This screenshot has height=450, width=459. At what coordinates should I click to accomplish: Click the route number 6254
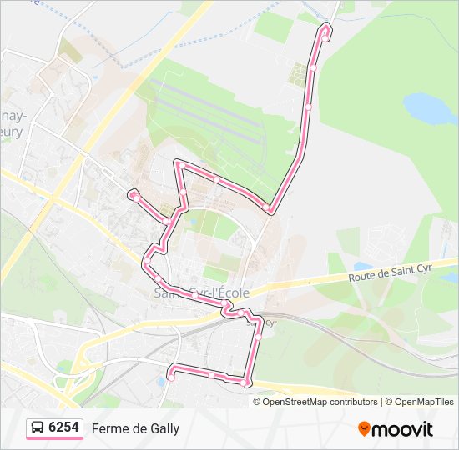(x=64, y=427)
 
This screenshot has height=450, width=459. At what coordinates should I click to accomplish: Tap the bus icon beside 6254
(x=38, y=428)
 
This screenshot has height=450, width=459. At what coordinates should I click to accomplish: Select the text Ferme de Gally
(x=135, y=428)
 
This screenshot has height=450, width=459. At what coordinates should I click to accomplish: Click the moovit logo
(x=396, y=428)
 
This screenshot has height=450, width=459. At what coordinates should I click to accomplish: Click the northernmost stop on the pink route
(x=325, y=29)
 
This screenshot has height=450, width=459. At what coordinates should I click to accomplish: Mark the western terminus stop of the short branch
(x=133, y=194)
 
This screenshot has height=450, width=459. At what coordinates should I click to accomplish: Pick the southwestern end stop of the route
(x=171, y=377)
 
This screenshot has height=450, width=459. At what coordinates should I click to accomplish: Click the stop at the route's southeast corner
(x=247, y=382)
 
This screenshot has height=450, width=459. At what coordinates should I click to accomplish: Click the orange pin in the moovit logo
(x=364, y=428)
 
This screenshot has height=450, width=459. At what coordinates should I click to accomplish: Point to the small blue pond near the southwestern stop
(x=160, y=382)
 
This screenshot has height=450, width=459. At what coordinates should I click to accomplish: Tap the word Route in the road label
(x=363, y=277)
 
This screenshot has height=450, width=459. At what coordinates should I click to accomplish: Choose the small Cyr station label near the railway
(x=270, y=323)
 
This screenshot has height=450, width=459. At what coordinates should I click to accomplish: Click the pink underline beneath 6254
(x=55, y=438)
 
